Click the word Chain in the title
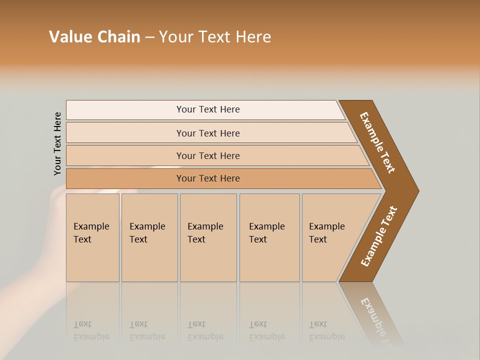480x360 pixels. click(x=118, y=37)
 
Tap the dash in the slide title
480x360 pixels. click(x=149, y=37)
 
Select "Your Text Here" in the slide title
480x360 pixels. click(x=215, y=37)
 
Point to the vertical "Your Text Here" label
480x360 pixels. click(x=57, y=144)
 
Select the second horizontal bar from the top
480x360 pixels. click(x=207, y=133)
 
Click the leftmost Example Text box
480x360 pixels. click(x=92, y=237)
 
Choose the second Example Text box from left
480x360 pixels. click(x=149, y=237)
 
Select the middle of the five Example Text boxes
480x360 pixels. click(x=208, y=237)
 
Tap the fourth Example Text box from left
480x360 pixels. click(x=269, y=237)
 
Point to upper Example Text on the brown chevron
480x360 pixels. click(x=377, y=142)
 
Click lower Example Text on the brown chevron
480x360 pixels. click(x=378, y=236)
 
